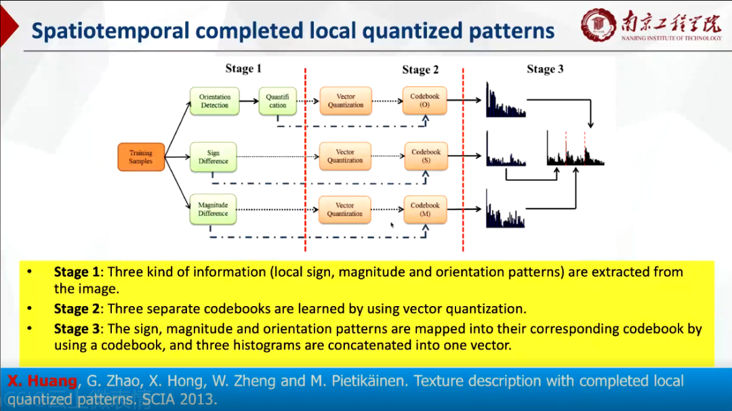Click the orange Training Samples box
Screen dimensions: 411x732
(141, 157)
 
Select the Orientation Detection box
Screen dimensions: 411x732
(214, 102)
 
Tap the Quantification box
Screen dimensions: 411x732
(277, 102)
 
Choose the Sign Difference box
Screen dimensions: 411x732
(213, 157)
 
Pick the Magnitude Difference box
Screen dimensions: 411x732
(213, 209)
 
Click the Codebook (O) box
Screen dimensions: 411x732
(425, 101)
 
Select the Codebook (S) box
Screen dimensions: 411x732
(426, 156)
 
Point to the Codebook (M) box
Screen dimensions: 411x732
(425, 209)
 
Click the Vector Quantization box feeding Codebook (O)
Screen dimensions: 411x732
(346, 101)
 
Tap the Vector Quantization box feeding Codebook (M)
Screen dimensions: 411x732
(345, 209)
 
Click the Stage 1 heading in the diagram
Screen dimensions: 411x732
(243, 68)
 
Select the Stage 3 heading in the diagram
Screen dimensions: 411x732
(545, 68)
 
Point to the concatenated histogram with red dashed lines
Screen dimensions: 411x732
(575, 150)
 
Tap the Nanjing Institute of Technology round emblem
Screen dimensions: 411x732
(598, 25)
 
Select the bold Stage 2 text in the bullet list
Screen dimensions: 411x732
(77, 309)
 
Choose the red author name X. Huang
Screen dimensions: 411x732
(42, 381)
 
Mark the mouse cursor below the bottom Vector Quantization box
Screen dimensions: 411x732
(392, 225)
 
